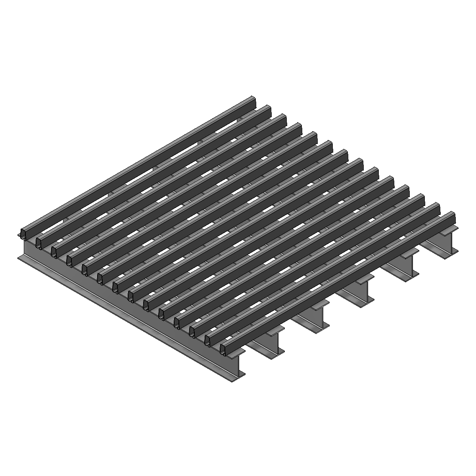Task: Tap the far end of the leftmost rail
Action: click(x=253, y=99)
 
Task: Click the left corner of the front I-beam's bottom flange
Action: click(x=18, y=257)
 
